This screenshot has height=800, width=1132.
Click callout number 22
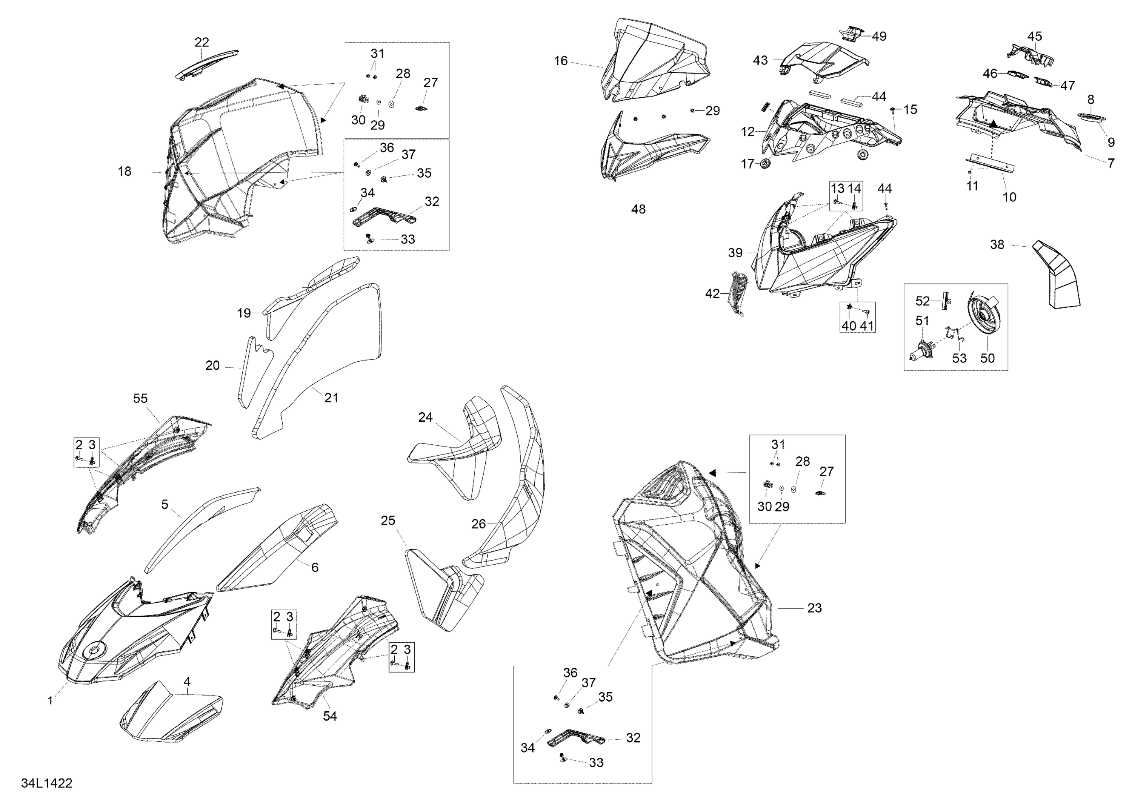[x=201, y=42]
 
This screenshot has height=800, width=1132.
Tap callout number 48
[x=638, y=209]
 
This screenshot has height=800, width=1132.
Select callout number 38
[x=997, y=244]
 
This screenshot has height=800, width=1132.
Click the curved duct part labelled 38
[x=1055, y=275]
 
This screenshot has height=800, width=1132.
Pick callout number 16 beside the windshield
[x=561, y=61]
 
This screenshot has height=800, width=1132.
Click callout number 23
[x=815, y=608]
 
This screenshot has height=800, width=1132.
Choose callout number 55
[x=140, y=398]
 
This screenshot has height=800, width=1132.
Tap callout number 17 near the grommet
[x=748, y=164]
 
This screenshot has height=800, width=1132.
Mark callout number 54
[x=330, y=716]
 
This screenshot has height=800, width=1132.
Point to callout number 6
[x=315, y=567]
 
